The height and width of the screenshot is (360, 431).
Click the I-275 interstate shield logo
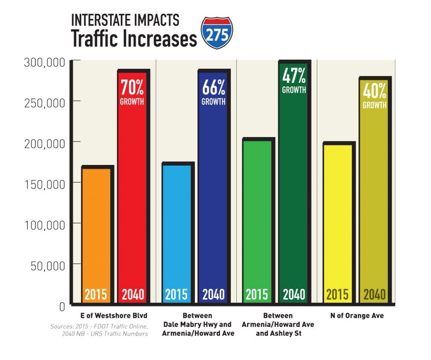click(217, 33)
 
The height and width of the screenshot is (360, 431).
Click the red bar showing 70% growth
click(132, 189)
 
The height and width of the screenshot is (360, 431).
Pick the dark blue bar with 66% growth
click(213, 189)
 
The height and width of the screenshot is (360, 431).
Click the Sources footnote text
click(98, 330)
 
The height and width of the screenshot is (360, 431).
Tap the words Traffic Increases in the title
click(134, 39)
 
